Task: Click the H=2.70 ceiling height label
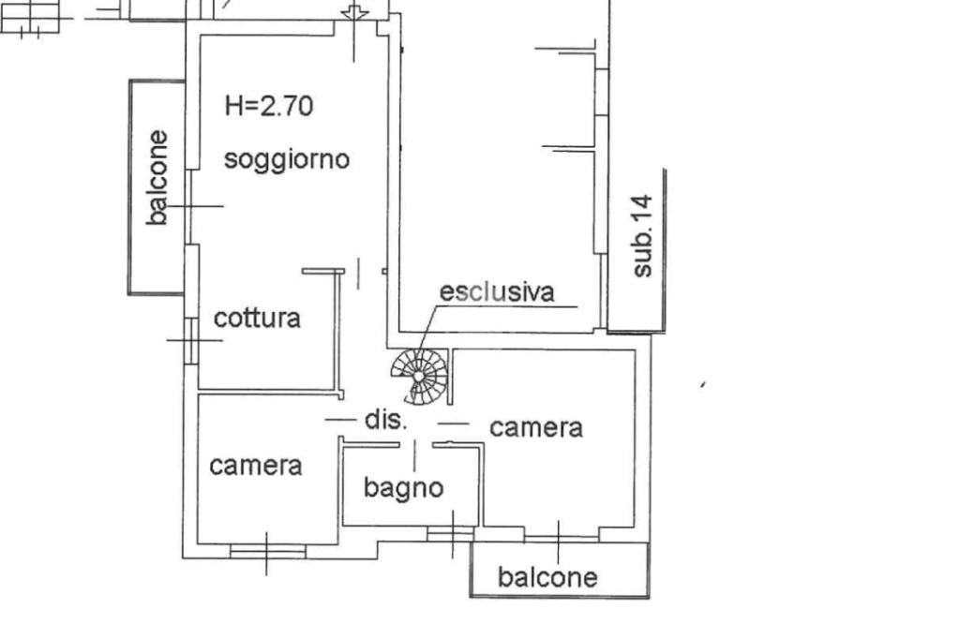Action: [269, 105]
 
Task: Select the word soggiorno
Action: [287, 158]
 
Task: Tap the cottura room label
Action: [257, 318]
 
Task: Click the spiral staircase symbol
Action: [419, 375]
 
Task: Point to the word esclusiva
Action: [497, 291]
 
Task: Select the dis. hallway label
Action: [385, 420]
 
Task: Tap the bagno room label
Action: [403, 487]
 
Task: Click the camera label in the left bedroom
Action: [255, 465]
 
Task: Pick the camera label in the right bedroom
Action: [536, 427]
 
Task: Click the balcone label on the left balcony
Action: [157, 177]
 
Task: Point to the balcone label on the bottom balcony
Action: [547, 576]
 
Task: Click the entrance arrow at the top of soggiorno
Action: [354, 13]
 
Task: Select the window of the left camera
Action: [267, 551]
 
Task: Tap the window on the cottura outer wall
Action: [190, 339]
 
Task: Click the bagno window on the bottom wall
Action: [450, 533]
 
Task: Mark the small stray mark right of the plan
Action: [702, 384]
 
